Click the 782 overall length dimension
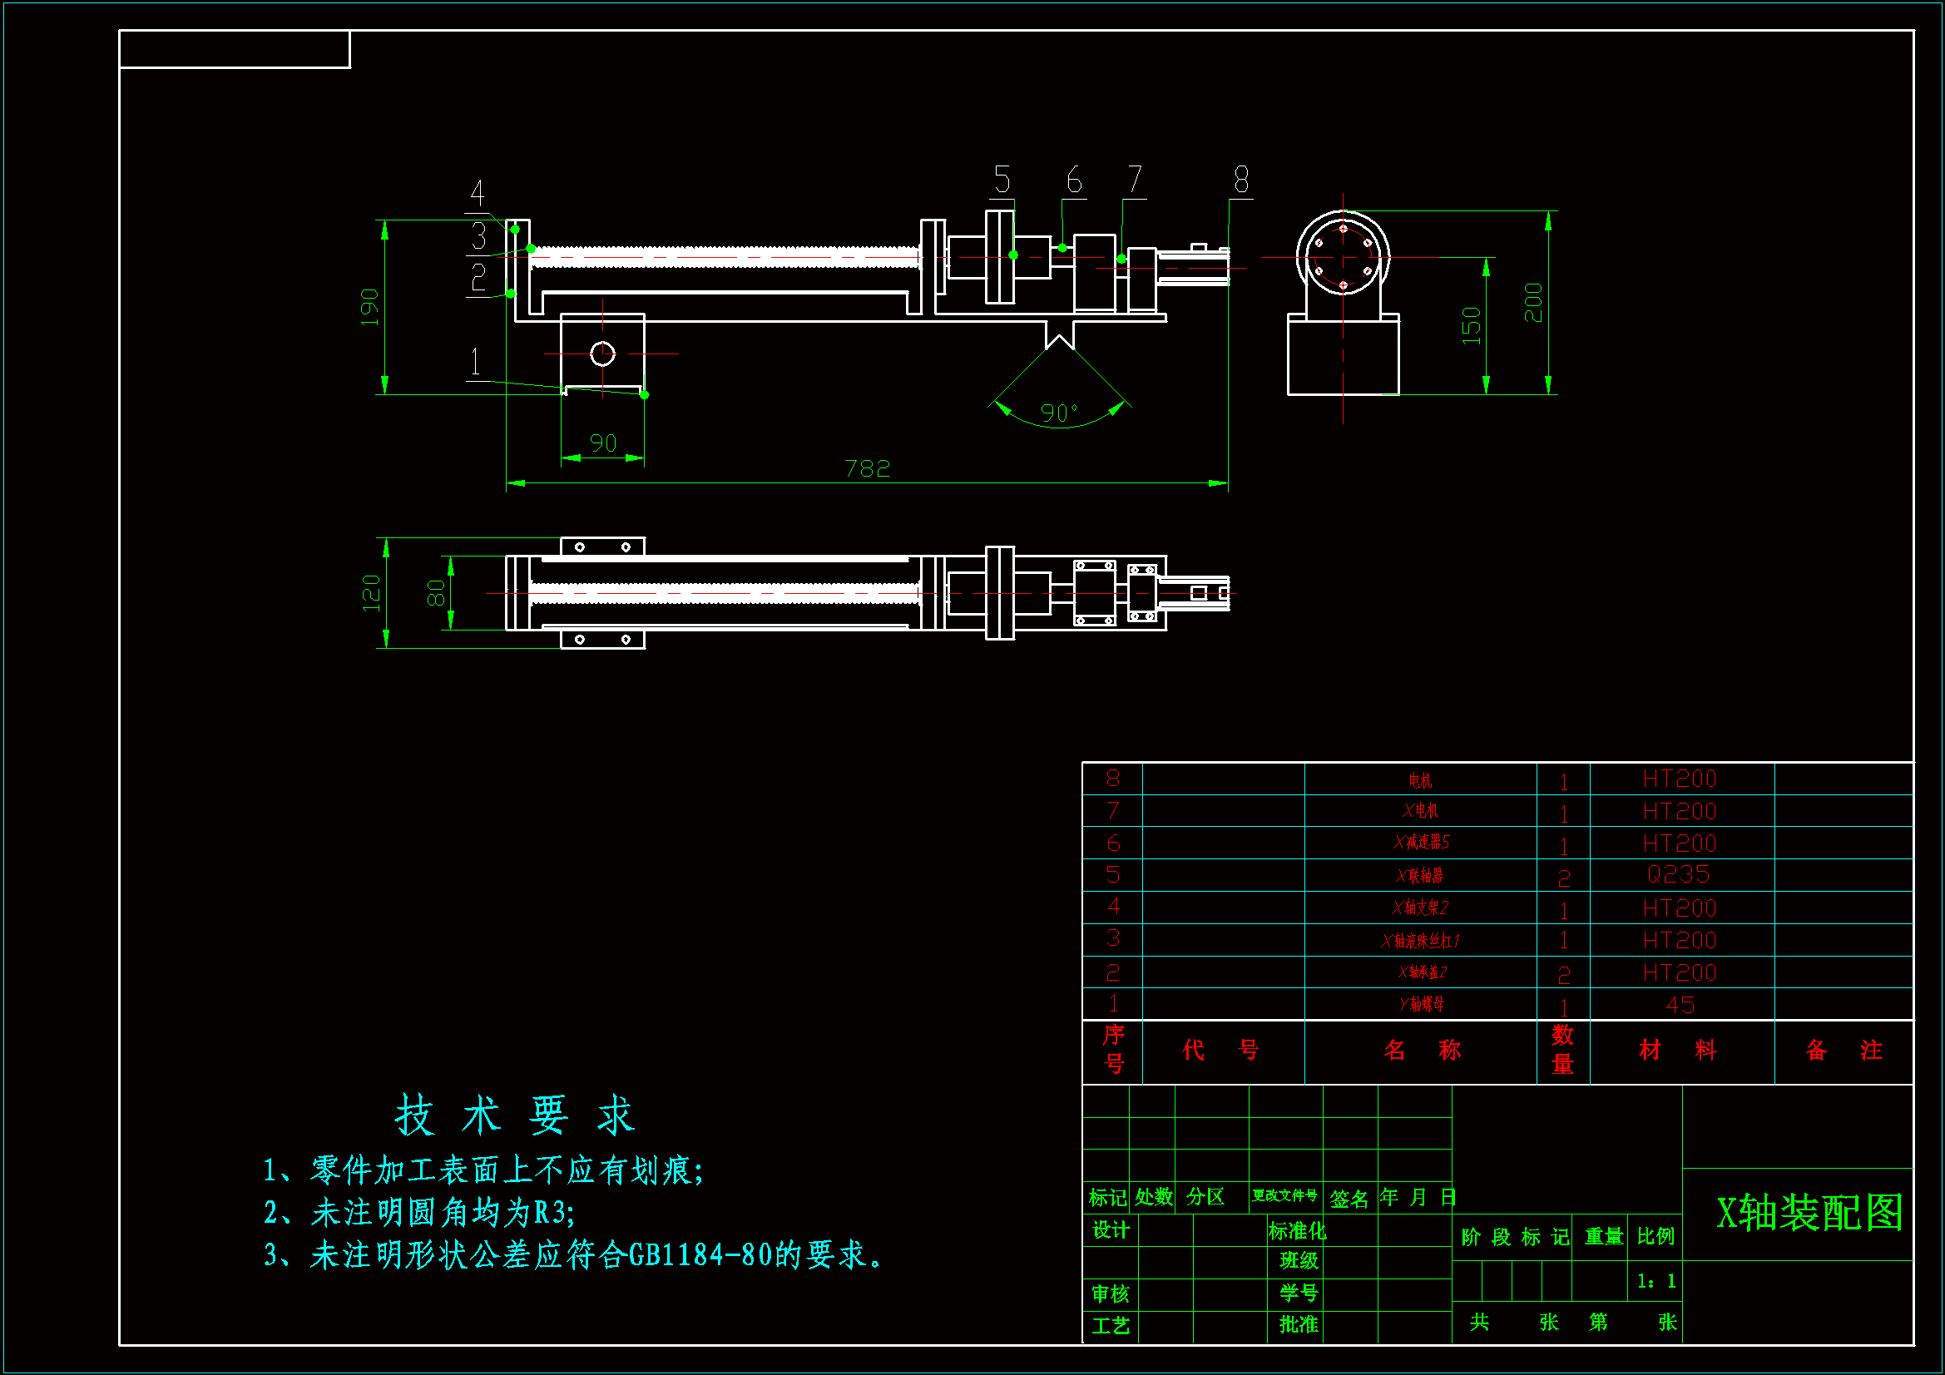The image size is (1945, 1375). [x=867, y=468]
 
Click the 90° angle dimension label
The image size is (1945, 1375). [x=1059, y=413]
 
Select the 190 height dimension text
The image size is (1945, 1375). [x=369, y=307]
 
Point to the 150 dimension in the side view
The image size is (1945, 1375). [x=1472, y=325]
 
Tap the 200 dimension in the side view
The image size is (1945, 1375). [x=1533, y=303]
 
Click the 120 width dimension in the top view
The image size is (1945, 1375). [x=371, y=592]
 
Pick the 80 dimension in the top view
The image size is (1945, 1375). [x=435, y=593]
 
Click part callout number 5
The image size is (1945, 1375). [x=1002, y=181]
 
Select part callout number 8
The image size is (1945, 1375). [x=1241, y=181]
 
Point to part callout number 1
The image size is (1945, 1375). [x=475, y=363]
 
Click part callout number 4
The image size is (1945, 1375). [x=478, y=194]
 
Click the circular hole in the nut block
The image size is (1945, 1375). [x=602, y=354]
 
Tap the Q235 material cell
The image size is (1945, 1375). [x=1678, y=874]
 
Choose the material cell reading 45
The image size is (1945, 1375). [x=1680, y=1005]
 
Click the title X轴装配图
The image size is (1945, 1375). [x=1809, y=1212]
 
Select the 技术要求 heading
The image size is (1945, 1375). [x=515, y=1114]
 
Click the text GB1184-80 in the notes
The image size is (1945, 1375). [x=700, y=1254]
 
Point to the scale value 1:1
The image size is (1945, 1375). [x=1656, y=1281]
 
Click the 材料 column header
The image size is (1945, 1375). [x=1678, y=1051]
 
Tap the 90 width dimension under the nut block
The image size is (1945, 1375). [x=603, y=443]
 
